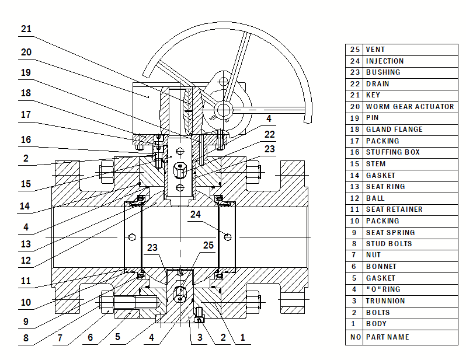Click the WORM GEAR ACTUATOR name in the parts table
pyautogui.click(x=409, y=107)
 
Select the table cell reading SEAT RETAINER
pyautogui.click(x=394, y=209)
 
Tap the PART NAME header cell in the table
pyautogui.click(x=387, y=337)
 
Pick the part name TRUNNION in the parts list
pyautogui.click(x=385, y=301)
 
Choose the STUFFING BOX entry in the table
pyautogui.click(x=392, y=152)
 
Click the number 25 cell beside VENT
pyautogui.click(x=354, y=50)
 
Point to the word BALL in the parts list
pyautogui.click(x=375, y=198)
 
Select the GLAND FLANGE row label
pyautogui.click(x=394, y=130)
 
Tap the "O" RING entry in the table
pyautogui.click(x=383, y=289)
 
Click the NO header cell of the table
pyautogui.click(x=354, y=337)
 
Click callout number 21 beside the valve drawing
pyautogui.click(x=26, y=29)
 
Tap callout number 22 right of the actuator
pyautogui.click(x=269, y=134)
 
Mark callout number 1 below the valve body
pyautogui.click(x=243, y=337)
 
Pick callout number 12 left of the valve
pyautogui.click(x=26, y=260)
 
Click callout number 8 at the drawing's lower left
pyautogui.click(x=26, y=337)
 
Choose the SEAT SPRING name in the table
pyautogui.click(x=390, y=232)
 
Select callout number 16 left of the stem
pyautogui.click(x=26, y=139)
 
